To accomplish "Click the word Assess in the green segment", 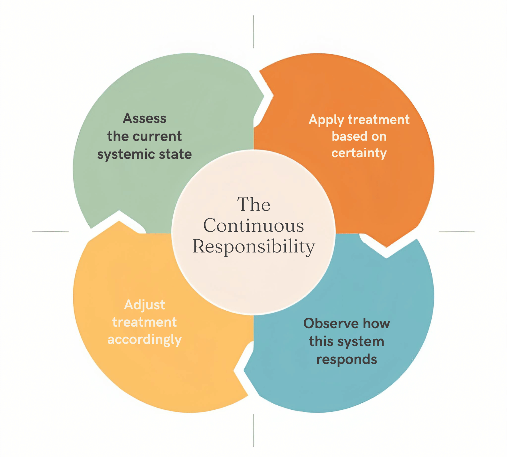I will coord(144,119).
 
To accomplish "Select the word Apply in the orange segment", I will coord(326,120).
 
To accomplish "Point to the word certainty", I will coord(359,153).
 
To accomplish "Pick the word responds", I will coord(347,360).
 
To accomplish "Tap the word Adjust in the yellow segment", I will coord(144,305).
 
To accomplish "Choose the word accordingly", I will coord(144,339).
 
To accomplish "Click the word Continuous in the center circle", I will coord(254,226).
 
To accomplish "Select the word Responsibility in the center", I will coord(254,247).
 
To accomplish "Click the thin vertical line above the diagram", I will coord(254,32).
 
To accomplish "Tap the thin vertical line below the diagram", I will coord(254,430).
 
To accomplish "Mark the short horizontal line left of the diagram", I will coord(51,232).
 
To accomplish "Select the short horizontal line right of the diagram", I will coord(456,232).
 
